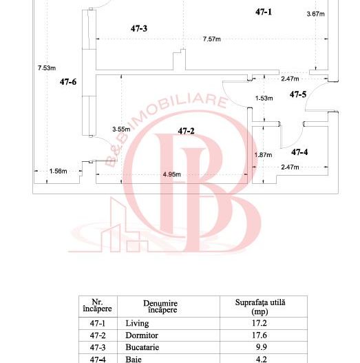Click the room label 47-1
tap(264, 12)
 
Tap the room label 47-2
tap(186, 131)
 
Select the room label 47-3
tap(139, 28)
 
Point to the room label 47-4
tap(299, 152)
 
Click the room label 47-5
tap(298, 94)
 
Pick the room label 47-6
tap(68, 82)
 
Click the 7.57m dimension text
tap(212, 39)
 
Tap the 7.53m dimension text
tap(47, 68)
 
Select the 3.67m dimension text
tap(315, 14)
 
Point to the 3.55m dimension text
tap(121, 129)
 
